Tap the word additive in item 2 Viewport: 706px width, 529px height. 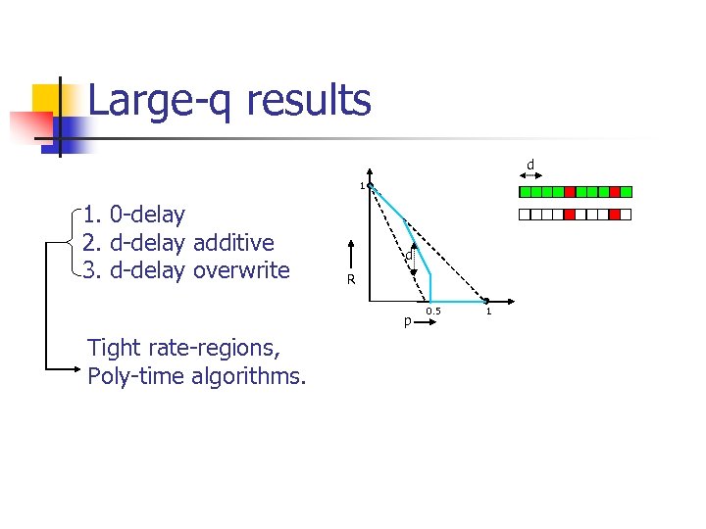234,242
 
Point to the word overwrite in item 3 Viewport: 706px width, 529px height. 242,269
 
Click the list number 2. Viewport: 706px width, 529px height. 92,242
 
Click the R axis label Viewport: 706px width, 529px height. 349,280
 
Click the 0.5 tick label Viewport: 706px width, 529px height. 433,312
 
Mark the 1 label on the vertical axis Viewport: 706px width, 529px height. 361,185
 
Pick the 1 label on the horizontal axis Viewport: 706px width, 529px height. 488,312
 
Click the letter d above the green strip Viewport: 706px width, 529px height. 530,164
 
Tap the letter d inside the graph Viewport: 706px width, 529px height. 408,256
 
